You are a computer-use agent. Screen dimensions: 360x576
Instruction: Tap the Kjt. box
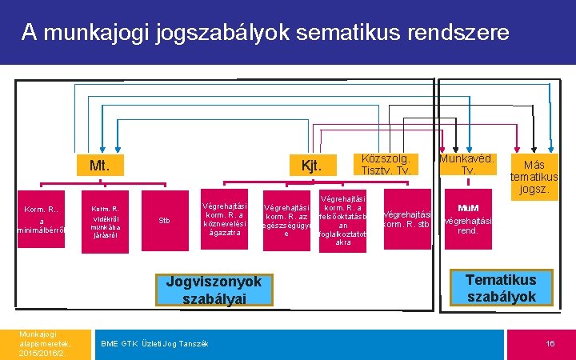point(310,166)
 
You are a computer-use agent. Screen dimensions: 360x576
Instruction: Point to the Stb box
point(164,220)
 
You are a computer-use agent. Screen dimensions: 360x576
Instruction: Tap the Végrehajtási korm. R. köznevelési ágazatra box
point(226,214)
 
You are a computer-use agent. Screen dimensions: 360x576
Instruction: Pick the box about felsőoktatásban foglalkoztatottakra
point(342,220)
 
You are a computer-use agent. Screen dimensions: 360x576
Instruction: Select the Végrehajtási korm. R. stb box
point(407,219)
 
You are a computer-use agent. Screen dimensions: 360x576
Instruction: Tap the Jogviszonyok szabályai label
point(214,290)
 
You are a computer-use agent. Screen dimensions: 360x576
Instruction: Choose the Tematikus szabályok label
point(502,287)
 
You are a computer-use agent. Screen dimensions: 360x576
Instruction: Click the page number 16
point(550,343)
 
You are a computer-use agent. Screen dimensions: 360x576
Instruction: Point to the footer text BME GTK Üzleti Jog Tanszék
point(154,343)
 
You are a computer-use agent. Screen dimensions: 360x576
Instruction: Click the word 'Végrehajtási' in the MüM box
point(467,220)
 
